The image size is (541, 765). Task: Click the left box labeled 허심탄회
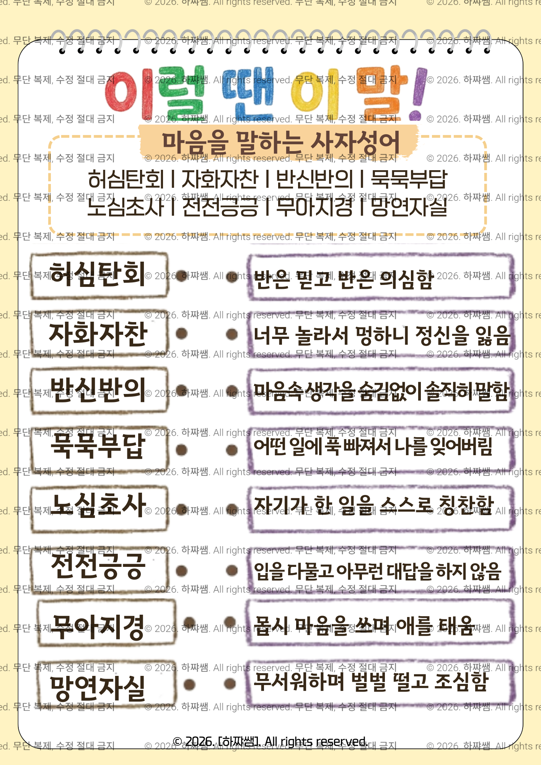(x=99, y=275)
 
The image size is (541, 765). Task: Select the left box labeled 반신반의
(x=99, y=391)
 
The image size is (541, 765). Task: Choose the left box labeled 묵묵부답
(x=99, y=447)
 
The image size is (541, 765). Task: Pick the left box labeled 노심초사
(x=99, y=507)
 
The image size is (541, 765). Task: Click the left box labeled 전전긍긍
(x=99, y=567)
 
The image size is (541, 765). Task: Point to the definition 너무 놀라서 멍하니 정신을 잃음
(x=381, y=335)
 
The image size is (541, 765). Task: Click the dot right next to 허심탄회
(x=181, y=276)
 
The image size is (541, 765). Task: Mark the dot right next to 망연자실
(x=189, y=684)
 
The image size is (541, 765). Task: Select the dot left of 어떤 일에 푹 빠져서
(x=231, y=450)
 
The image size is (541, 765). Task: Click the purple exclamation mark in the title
(x=419, y=94)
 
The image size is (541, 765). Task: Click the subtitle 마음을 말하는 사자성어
(x=280, y=142)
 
